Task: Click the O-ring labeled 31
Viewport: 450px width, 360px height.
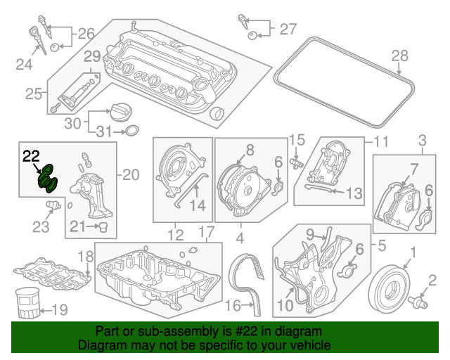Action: [x=131, y=131]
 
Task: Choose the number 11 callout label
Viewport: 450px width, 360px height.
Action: [x=380, y=141]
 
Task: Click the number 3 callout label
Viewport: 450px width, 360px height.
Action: [x=423, y=139]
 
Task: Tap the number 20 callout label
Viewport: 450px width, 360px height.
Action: [x=131, y=174]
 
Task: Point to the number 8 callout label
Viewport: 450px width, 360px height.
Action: [x=250, y=149]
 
